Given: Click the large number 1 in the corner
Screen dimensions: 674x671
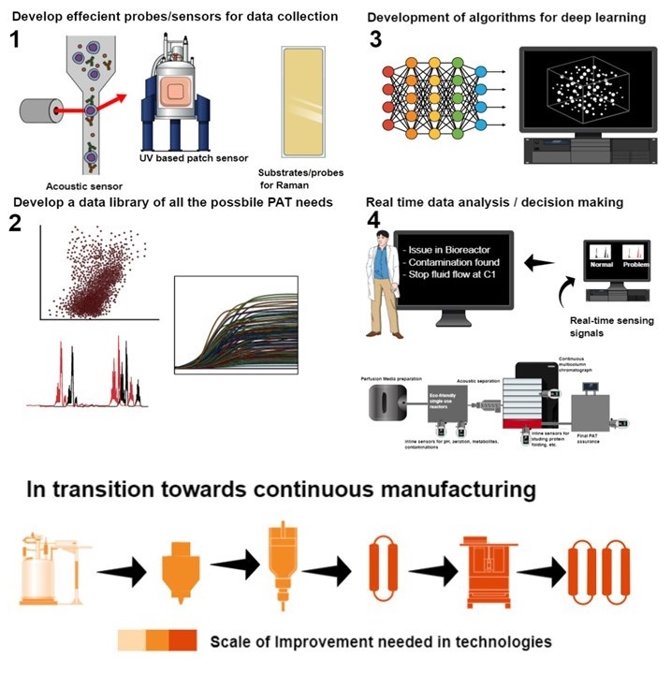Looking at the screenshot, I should [x=16, y=41].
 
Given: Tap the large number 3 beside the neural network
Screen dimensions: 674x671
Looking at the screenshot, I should [x=375, y=40].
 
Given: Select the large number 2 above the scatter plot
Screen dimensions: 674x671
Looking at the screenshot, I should [x=16, y=225].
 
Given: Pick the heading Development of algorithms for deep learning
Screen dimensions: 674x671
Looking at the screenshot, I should [x=506, y=17].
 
